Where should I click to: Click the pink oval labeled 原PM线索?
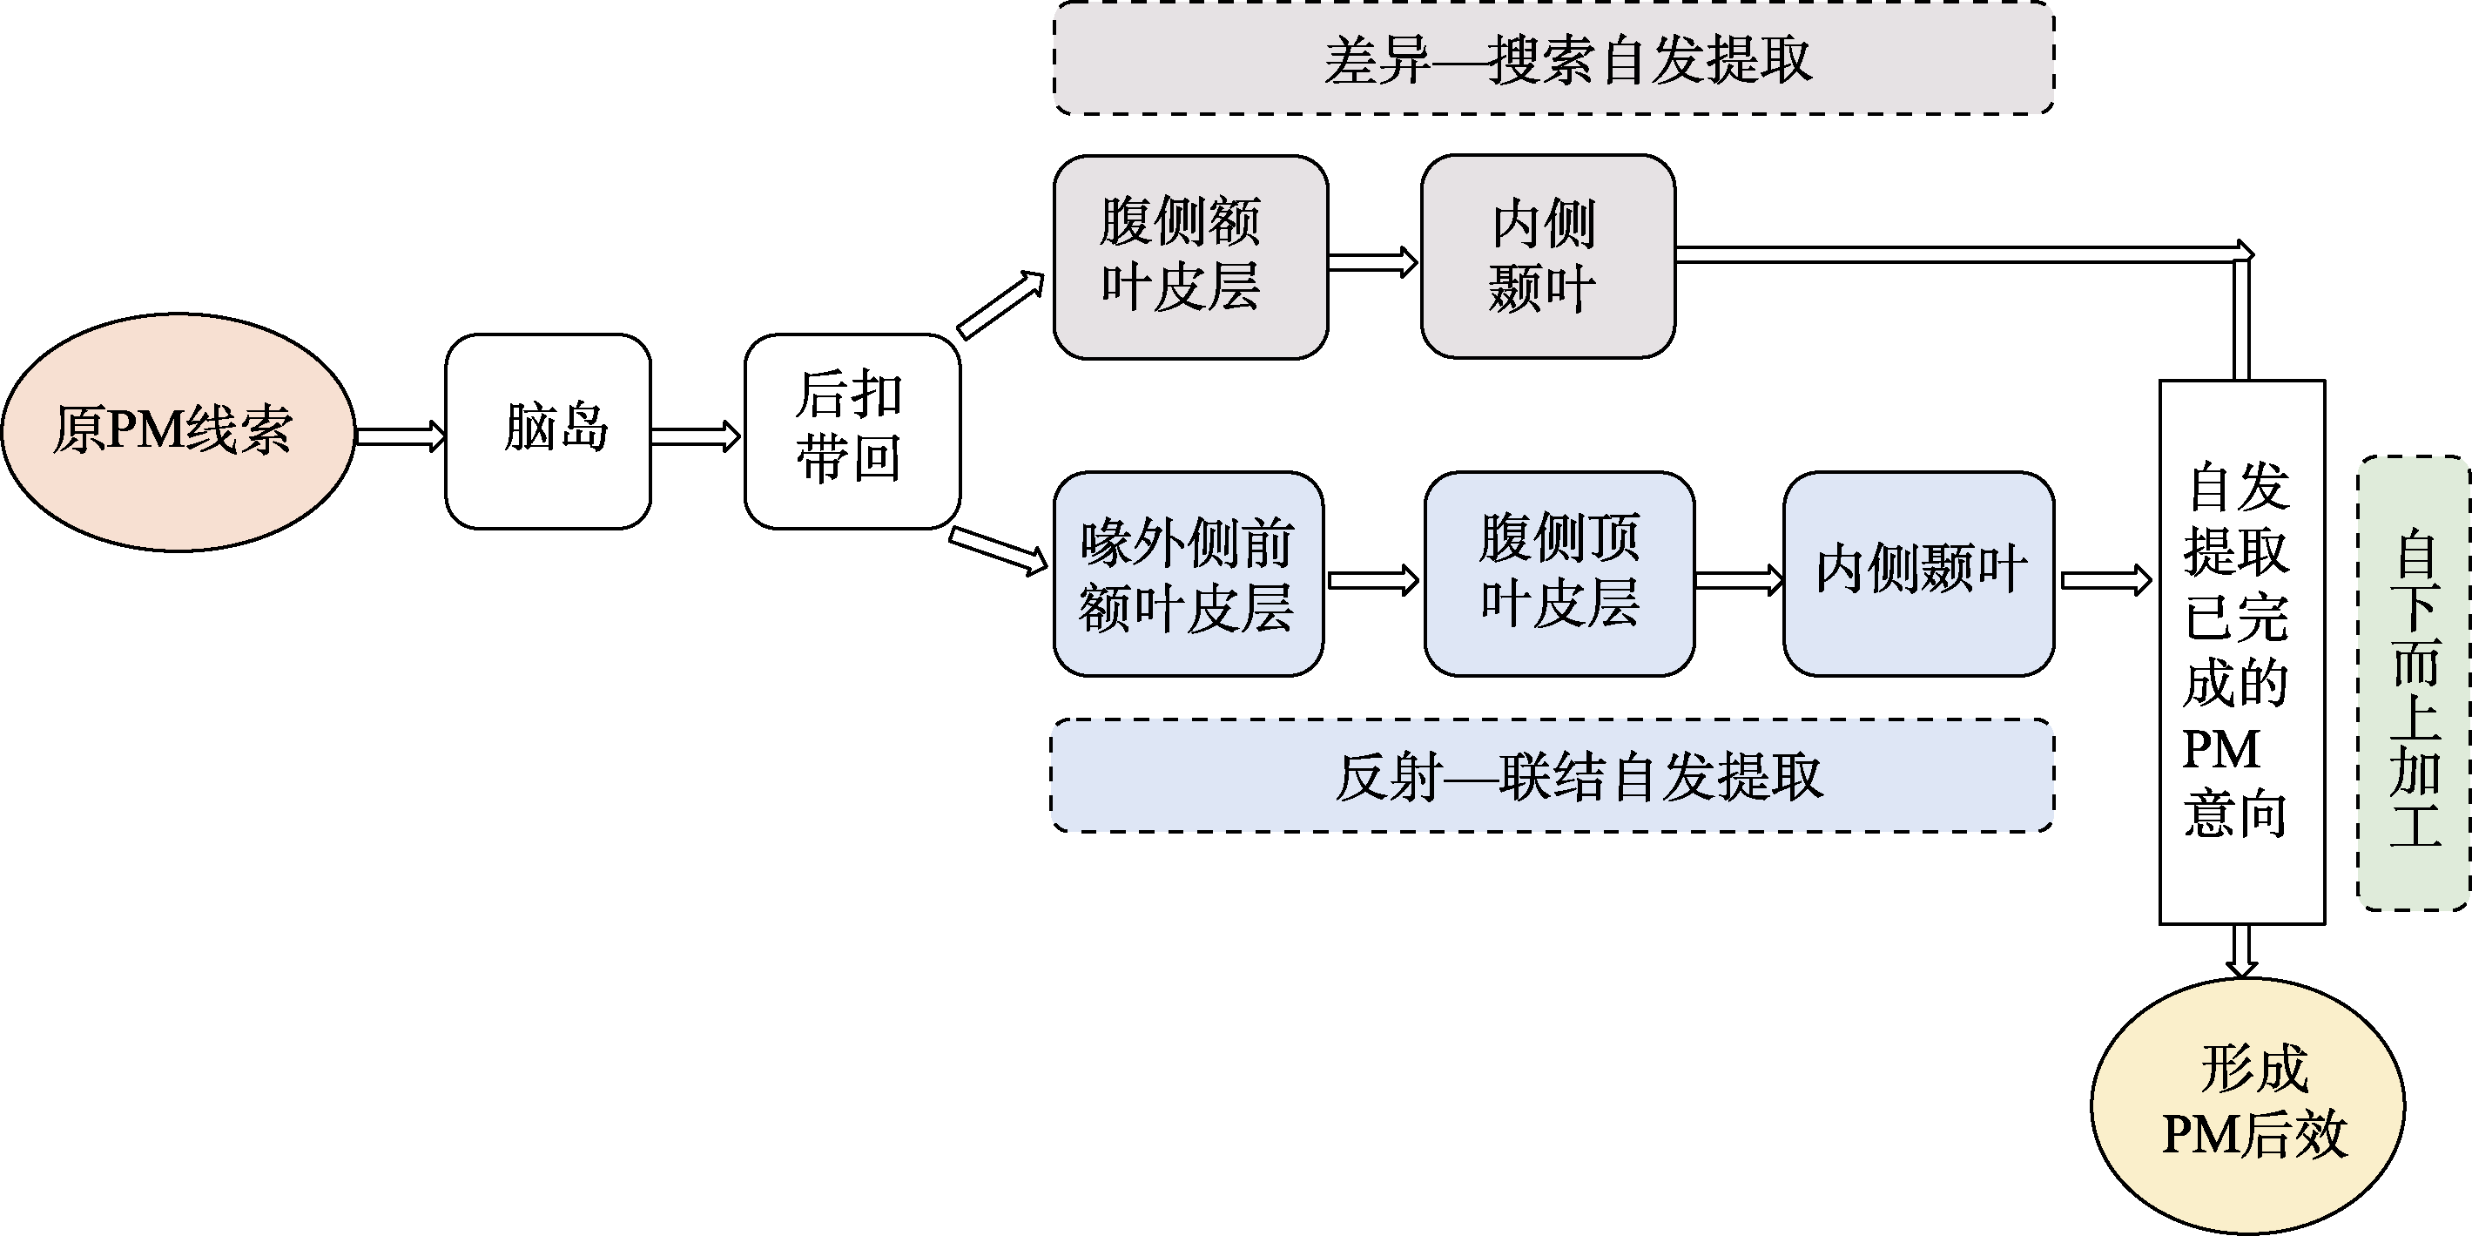[178, 432]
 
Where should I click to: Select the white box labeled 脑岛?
[548, 432]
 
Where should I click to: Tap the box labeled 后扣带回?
[852, 432]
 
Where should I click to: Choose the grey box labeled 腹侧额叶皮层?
[1190, 257]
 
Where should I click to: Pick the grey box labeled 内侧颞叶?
[1548, 257]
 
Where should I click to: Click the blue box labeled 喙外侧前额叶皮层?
[1188, 574]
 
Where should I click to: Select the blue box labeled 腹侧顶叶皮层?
[1559, 574]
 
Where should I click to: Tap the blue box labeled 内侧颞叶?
[1918, 574]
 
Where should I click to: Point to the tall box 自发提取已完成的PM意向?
[2241, 652]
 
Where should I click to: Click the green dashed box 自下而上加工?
[2415, 683]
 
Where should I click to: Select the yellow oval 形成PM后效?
[2247, 1105]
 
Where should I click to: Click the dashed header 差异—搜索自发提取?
[1553, 59]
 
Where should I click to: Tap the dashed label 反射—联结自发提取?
[1552, 775]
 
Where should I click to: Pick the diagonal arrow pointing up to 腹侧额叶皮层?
[1000, 305]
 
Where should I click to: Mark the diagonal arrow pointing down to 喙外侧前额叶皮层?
[998, 550]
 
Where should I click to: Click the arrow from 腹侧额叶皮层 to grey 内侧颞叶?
[1373, 262]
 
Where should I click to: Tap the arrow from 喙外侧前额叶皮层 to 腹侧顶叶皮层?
[1373, 579]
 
